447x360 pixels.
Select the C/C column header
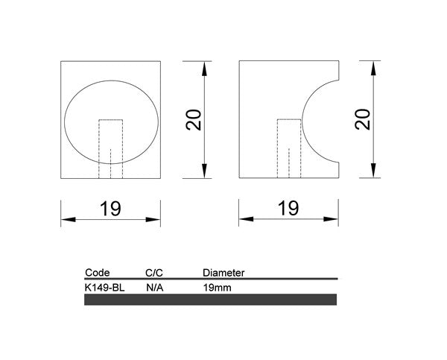pos(154,273)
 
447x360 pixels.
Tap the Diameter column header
pos(223,273)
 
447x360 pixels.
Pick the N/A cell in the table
pos(155,286)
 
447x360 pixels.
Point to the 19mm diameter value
pos(216,286)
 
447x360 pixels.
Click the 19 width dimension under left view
pos(110,209)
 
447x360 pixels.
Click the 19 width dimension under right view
pos(289,209)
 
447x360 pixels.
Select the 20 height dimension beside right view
pos(363,119)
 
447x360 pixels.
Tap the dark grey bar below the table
pos(211,300)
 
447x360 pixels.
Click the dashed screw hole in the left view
pos(111,148)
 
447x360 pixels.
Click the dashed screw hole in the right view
pos(288,148)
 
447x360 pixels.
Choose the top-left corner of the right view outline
pos(238,62)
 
